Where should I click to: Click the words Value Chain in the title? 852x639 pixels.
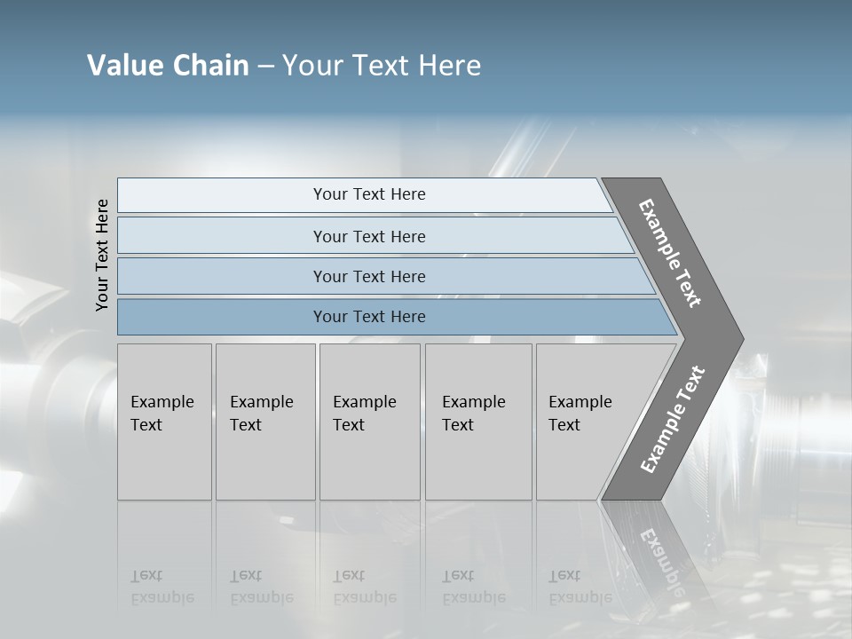point(168,66)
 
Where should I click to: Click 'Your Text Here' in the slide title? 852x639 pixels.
point(382,66)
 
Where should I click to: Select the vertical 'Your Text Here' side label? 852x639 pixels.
point(102,255)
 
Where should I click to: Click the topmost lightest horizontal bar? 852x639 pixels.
point(369,194)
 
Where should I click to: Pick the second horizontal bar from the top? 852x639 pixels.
point(369,236)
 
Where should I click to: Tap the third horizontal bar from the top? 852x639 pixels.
point(369,276)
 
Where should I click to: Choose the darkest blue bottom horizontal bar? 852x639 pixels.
point(369,317)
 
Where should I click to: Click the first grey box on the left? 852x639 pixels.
point(164,422)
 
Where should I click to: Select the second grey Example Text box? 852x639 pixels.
point(265,422)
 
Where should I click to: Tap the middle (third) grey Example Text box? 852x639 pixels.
point(369,422)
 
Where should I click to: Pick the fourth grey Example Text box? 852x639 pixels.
point(478,422)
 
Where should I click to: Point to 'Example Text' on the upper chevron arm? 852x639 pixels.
point(670,253)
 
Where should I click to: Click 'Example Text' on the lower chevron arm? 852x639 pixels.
point(672,419)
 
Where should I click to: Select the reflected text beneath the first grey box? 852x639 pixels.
point(162,587)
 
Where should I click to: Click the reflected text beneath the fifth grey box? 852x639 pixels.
point(580,587)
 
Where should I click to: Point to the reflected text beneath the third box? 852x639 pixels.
point(365,587)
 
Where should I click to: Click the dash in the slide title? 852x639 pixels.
point(265,67)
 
